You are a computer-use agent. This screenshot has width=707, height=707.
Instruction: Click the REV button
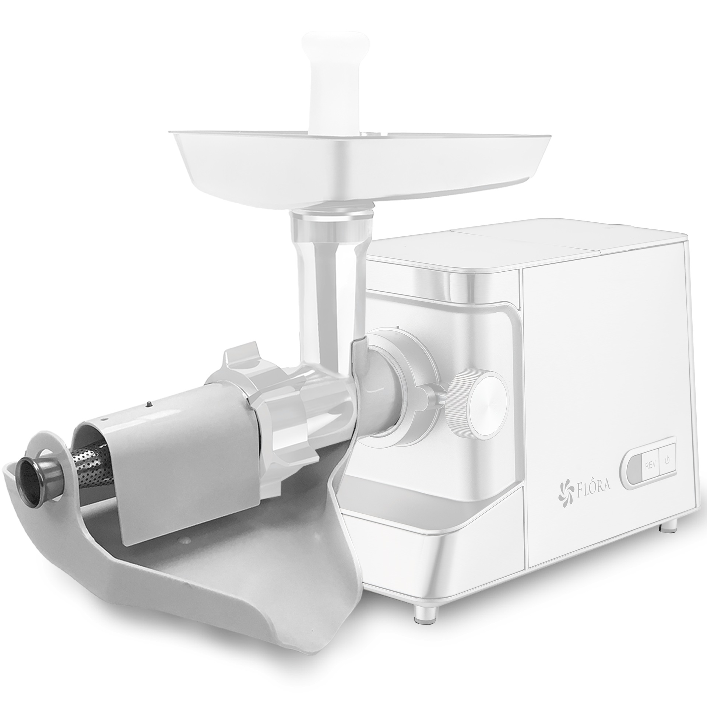pyautogui.click(x=648, y=465)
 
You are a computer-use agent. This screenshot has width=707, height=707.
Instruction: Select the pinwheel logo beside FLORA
pyautogui.click(x=563, y=489)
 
